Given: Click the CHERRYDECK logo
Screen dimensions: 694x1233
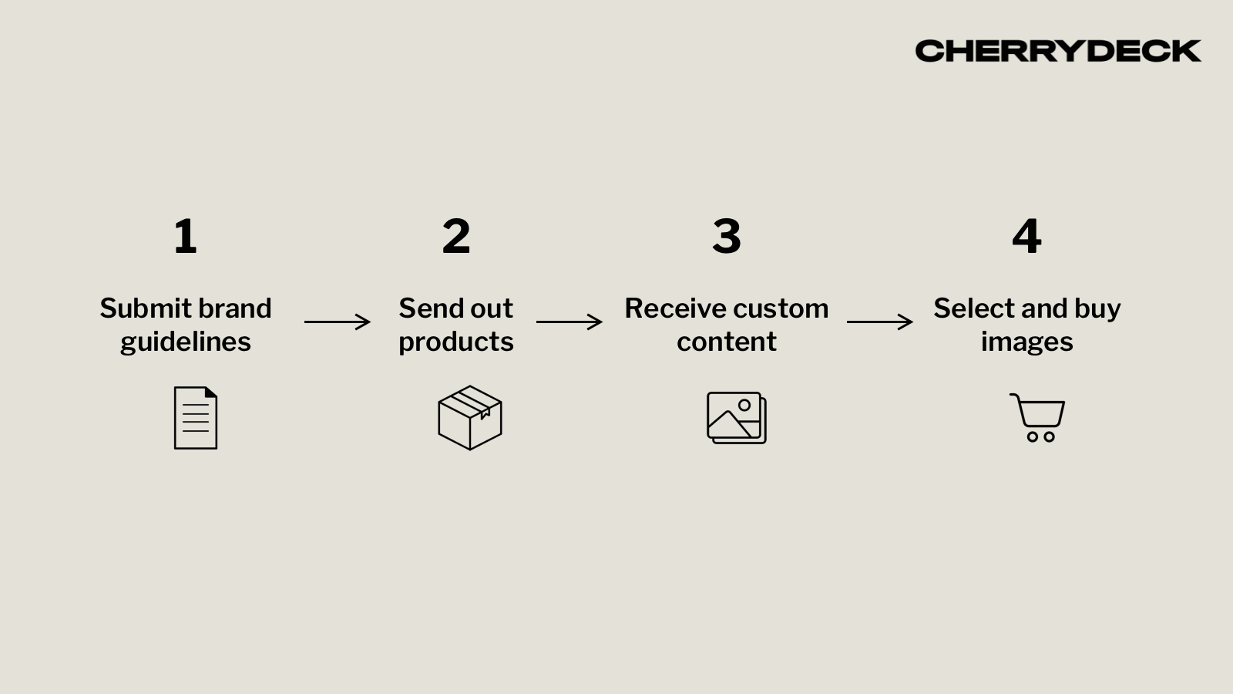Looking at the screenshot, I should pos(1057,51).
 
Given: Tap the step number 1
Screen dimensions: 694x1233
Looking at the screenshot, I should pos(185,236).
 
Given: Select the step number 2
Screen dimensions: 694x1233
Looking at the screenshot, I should pos(456,236).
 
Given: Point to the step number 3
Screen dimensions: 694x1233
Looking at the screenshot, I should pos(727,236).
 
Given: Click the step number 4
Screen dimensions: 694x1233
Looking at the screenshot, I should pos(1026,236).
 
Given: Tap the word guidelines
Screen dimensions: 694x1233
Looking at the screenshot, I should pos(186,342).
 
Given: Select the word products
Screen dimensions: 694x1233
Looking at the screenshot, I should pos(456,342).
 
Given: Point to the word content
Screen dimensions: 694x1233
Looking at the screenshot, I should pos(727,342).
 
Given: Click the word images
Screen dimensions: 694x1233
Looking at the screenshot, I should pos(1026,342).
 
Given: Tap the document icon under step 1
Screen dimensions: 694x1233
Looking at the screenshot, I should pos(196,418).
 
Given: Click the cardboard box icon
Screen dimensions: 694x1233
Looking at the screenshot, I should pos(470,418).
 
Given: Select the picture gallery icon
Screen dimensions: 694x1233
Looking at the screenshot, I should pos(737,418).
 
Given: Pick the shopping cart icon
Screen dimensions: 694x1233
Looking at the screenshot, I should pos(1038,418).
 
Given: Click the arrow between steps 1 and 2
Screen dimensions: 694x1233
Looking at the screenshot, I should pos(338,322).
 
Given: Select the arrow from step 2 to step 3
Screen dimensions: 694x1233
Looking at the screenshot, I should pos(569,322).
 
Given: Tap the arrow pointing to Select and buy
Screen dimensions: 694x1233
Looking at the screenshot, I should pos(880,322).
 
